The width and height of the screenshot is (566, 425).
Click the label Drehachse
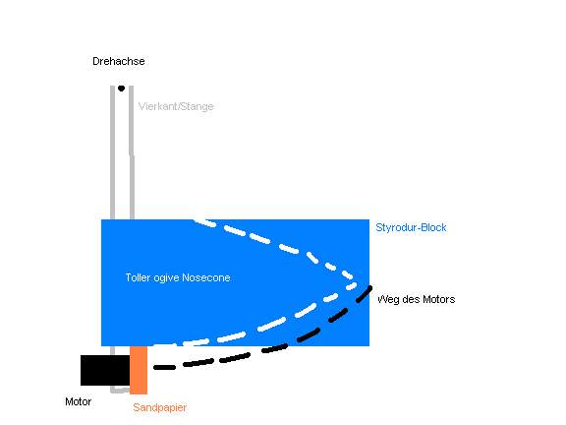click(x=118, y=61)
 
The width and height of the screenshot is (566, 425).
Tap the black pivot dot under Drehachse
click(x=121, y=89)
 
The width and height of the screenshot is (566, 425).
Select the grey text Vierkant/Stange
click(x=176, y=106)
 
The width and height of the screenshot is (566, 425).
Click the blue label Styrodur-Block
click(x=411, y=227)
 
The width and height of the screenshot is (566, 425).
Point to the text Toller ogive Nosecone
click(x=178, y=277)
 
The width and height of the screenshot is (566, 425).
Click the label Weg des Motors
click(x=416, y=299)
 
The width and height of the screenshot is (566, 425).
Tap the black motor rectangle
click(x=105, y=370)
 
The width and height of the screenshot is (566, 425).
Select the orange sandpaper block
click(x=139, y=370)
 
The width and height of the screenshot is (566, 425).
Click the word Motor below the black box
click(x=78, y=401)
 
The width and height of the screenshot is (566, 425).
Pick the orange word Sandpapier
click(x=159, y=407)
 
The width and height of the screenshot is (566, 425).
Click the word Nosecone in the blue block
click(x=206, y=277)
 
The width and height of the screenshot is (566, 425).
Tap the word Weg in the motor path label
click(x=388, y=299)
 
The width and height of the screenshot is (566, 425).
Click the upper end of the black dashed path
click(x=370, y=287)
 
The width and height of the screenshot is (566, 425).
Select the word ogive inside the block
click(x=166, y=277)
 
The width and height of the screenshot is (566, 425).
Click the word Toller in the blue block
click(x=138, y=277)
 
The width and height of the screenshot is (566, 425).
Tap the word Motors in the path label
click(x=439, y=299)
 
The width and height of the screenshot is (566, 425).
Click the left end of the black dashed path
click(x=155, y=368)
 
